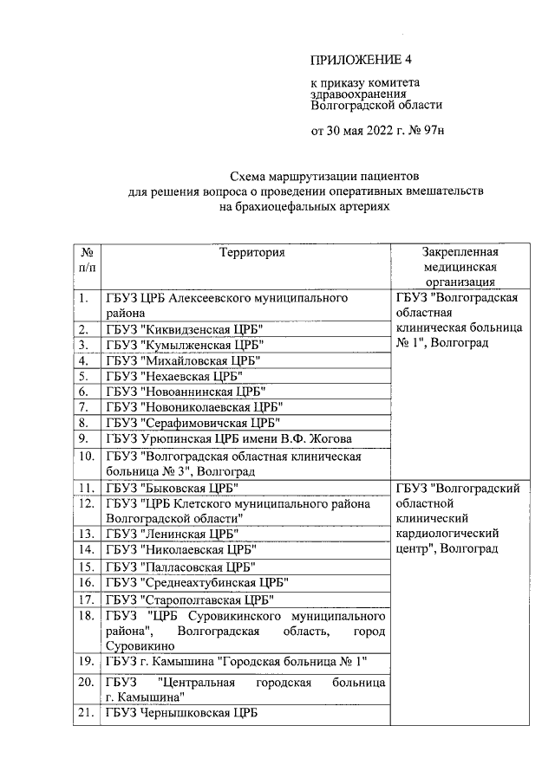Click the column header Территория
point(251,252)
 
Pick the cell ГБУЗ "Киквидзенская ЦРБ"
point(184,329)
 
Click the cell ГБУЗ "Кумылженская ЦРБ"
point(184,345)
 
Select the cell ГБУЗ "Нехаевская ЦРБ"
point(173,376)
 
